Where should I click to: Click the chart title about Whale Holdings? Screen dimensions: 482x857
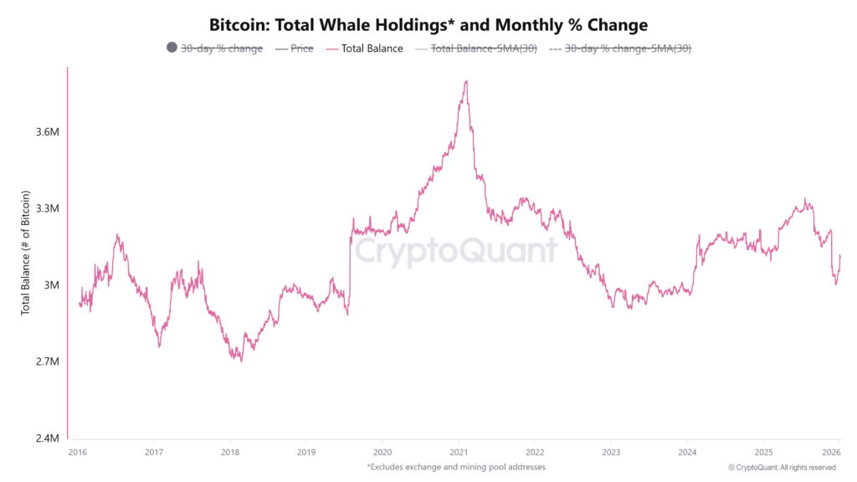pos(428,25)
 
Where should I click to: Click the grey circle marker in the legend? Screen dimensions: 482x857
pos(172,48)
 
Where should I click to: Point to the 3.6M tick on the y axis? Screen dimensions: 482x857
pos(46,132)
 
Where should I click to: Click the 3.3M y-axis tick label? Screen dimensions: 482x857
pos(46,208)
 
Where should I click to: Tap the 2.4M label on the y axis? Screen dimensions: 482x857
pos(46,438)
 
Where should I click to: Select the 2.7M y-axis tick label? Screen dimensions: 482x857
pos(46,361)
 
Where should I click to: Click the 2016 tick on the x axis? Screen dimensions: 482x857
pos(78,452)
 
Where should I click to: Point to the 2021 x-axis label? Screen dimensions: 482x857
pos(458,452)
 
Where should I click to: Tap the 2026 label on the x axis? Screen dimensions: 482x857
pos(839,452)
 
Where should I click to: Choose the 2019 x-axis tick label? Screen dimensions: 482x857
pos(306,452)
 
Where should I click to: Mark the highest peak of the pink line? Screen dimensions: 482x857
pos(465,81)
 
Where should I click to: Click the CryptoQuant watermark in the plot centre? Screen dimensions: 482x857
pos(454,250)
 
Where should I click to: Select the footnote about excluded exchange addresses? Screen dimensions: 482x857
pos(456,466)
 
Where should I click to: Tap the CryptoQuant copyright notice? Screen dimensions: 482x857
pos(782,467)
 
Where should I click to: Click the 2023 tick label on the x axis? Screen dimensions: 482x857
pos(610,452)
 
